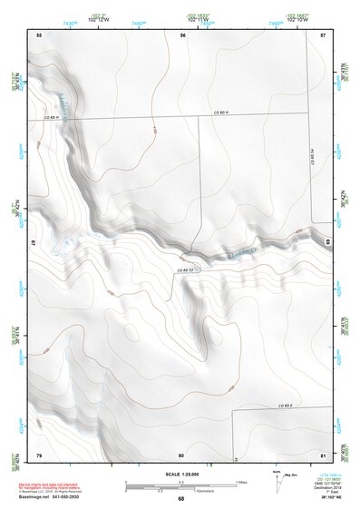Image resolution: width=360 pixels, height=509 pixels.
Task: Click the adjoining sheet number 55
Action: (39, 34)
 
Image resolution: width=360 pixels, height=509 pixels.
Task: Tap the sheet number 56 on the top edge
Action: (182, 34)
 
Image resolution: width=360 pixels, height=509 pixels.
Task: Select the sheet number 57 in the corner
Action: (323, 34)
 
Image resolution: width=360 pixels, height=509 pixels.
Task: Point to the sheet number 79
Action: (39, 454)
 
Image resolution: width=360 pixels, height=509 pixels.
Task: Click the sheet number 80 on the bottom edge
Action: (181, 454)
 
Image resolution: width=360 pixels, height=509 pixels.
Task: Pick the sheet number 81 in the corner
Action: (323, 454)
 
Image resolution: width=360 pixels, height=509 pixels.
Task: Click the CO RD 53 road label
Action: (187, 269)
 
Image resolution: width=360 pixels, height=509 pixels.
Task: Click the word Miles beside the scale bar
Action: (242, 481)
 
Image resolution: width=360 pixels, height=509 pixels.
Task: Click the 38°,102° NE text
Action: (329, 497)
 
